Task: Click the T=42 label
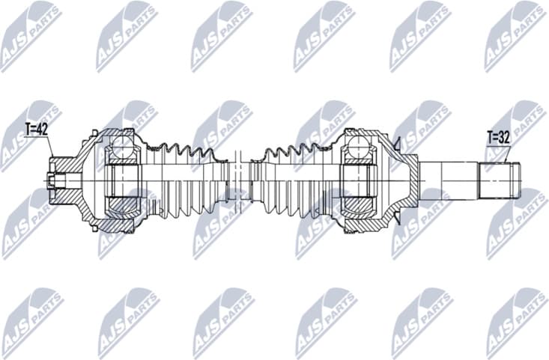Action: [x=36, y=129]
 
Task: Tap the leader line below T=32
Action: [x=509, y=154]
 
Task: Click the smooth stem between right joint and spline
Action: [x=447, y=178]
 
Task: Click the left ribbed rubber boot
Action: [x=187, y=180]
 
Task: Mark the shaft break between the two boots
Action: [x=240, y=180]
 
